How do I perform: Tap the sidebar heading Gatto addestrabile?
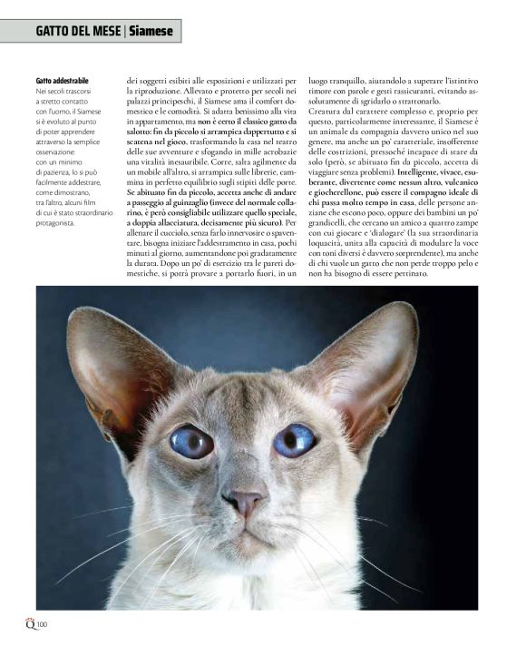[x=63, y=81]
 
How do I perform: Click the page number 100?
[x=42, y=623]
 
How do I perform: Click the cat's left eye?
[x=192, y=442]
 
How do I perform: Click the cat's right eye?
[x=295, y=440]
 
